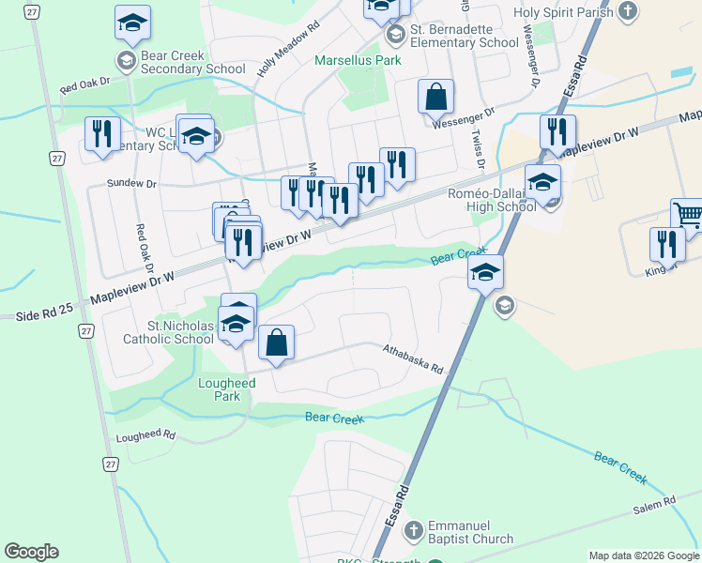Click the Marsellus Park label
coord(357,60)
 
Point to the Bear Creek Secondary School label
coord(192,62)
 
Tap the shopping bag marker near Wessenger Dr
coord(435,97)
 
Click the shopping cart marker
coord(688,216)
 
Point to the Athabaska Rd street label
coord(412,358)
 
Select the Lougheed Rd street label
coord(145,436)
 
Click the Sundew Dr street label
coord(131,183)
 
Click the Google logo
coord(31,552)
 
